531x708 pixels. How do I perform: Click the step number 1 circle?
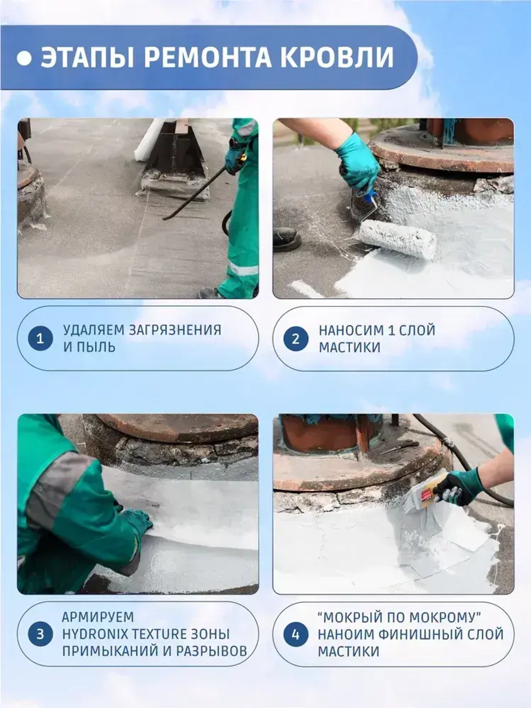[x=40, y=339]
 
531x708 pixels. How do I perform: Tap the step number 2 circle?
[x=296, y=339]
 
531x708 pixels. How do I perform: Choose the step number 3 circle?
[x=40, y=634]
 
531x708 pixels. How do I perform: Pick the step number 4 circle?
[x=296, y=634]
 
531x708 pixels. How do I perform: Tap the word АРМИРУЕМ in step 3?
[x=98, y=617]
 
